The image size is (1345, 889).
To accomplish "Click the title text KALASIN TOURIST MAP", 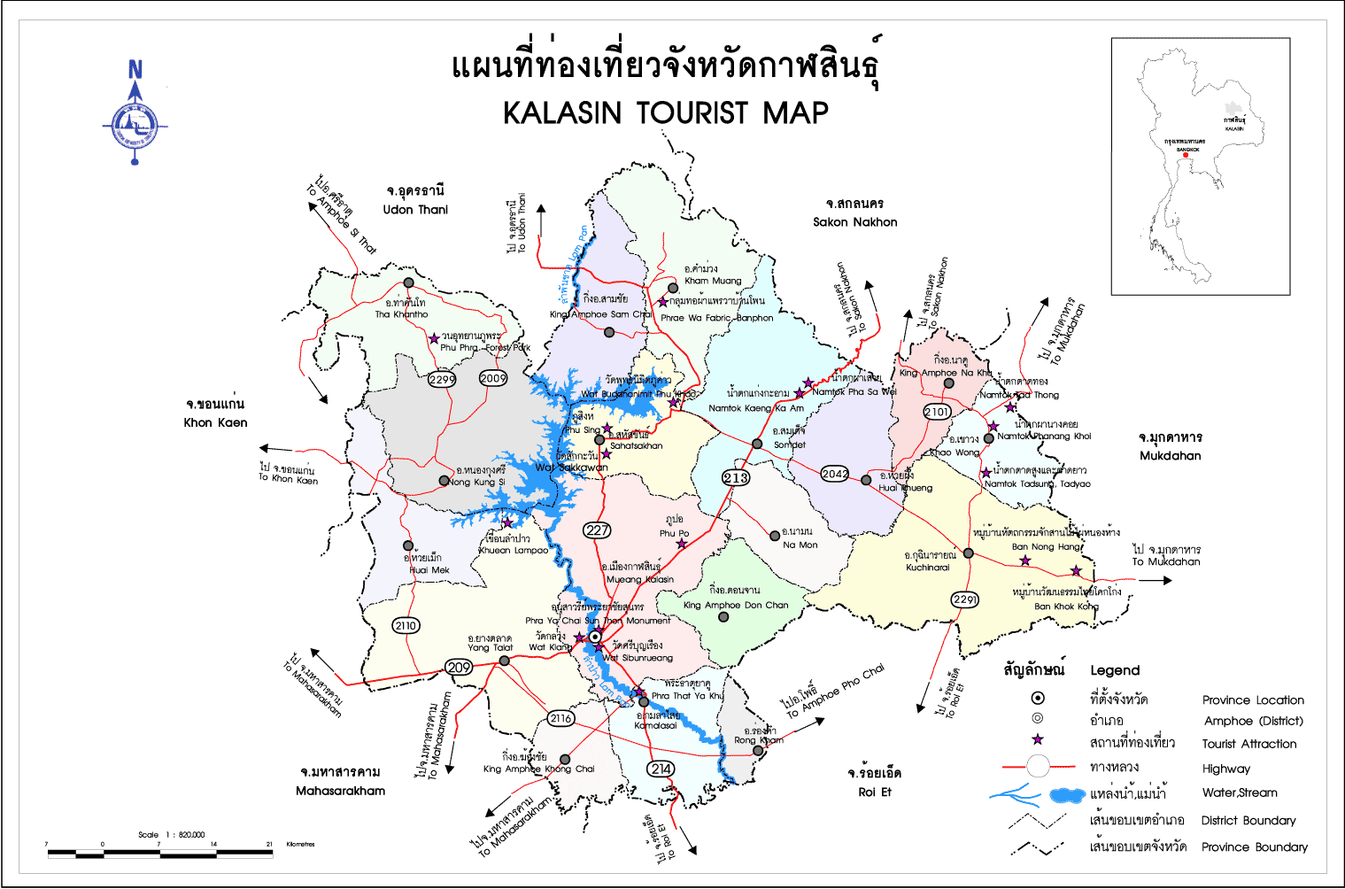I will (x=666, y=113).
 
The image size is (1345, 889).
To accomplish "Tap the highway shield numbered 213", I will (x=737, y=477).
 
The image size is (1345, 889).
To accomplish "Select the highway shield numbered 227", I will (x=598, y=530).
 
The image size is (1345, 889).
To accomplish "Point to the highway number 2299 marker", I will (x=442, y=379).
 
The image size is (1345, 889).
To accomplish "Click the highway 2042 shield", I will (x=834, y=474).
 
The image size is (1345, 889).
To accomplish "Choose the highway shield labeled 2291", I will (x=964, y=599).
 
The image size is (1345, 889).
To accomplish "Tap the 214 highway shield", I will (x=661, y=769).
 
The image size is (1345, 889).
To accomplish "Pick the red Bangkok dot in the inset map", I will (x=1186, y=155).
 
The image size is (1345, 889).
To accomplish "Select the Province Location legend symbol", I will (x=1038, y=699).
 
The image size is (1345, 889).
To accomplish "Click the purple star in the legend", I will (x=1038, y=739).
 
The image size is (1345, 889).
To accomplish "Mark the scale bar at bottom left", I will (x=159, y=854).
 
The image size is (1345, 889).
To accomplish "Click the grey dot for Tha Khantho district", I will (x=408, y=282).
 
